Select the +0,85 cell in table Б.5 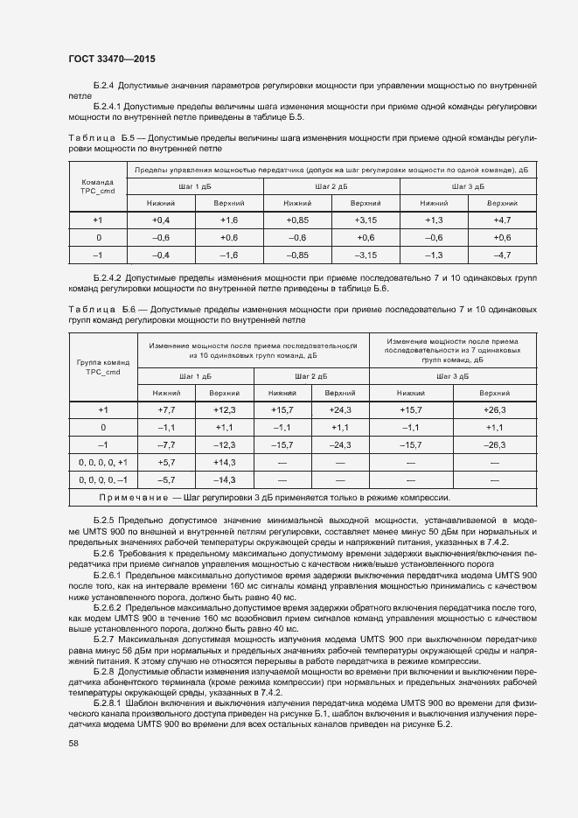tap(297, 220)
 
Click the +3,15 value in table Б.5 tap(366, 220)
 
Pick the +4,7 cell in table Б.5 tap(502, 220)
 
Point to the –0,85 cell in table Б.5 tap(297, 255)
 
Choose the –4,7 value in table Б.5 tap(502, 255)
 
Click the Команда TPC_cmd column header tap(98, 186)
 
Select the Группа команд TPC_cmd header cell tap(101, 367)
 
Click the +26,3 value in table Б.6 tap(495, 409)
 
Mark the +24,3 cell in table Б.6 tap(340, 409)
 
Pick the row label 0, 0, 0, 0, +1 tap(102, 462)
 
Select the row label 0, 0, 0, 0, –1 tap(102, 479)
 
